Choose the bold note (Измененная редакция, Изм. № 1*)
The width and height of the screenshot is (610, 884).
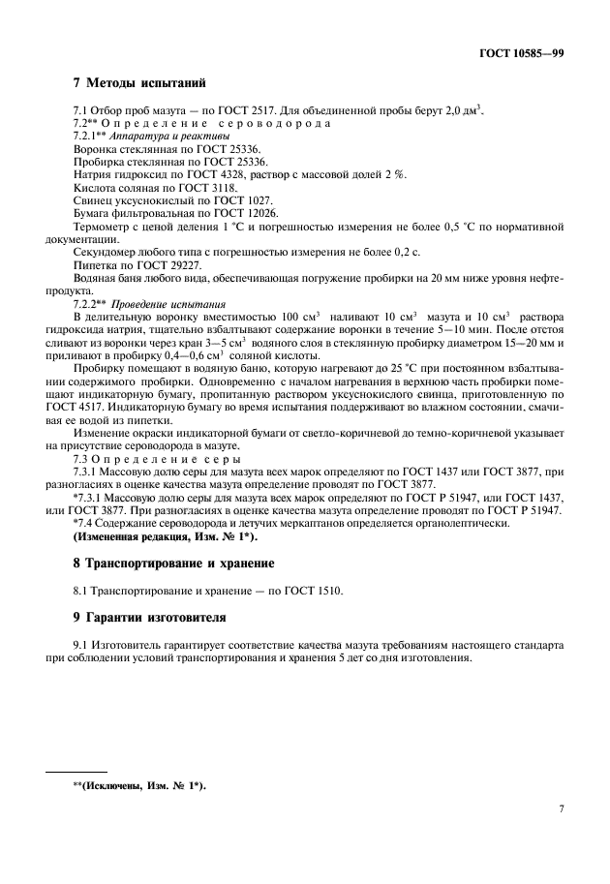[166, 535]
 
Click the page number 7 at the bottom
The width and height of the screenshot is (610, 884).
[561, 807]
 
